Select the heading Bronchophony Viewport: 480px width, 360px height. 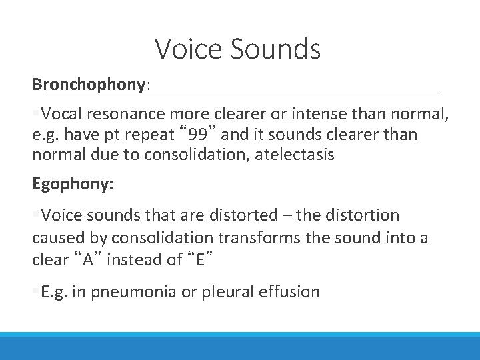point(89,85)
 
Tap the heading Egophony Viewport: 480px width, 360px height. point(71,184)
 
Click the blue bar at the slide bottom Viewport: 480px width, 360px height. point(240,347)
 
